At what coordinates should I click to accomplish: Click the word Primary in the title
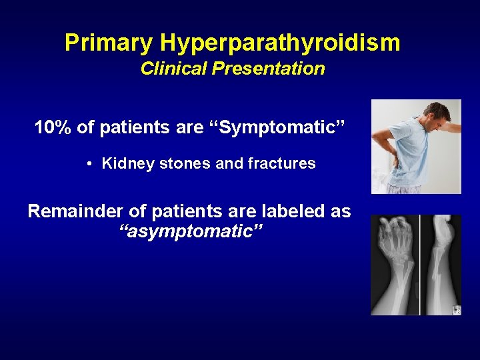[x=109, y=43]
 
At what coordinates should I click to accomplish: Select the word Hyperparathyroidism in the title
[x=280, y=43]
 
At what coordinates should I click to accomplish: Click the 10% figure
[x=53, y=127]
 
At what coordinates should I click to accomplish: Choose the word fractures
[x=283, y=163]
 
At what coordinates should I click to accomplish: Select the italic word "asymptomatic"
[x=189, y=231]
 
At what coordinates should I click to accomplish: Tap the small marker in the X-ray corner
[x=456, y=309]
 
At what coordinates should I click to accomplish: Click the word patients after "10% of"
[x=128, y=127]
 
